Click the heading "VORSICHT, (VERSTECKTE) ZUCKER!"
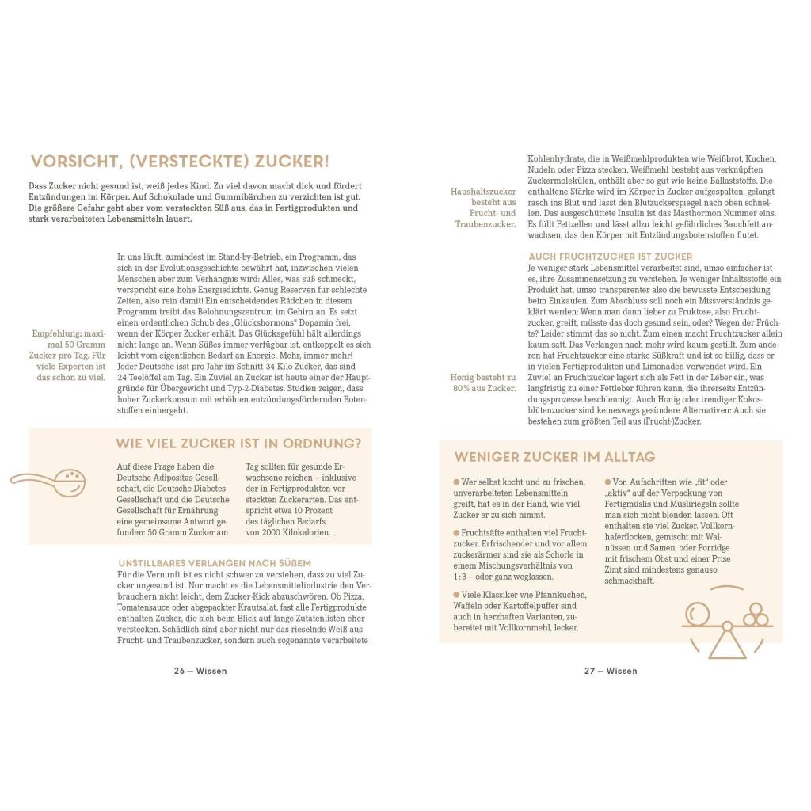pyautogui.click(x=180, y=162)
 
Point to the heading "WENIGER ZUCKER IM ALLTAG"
pyautogui.click(x=554, y=457)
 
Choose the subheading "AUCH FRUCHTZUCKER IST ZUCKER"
pyautogui.click(x=610, y=257)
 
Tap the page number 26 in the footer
pyautogui.click(x=179, y=671)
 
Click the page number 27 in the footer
pyautogui.click(x=589, y=671)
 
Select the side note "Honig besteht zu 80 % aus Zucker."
pyautogui.click(x=484, y=383)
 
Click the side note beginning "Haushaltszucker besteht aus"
pyautogui.click(x=484, y=208)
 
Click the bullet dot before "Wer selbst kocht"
pyautogui.click(x=455, y=482)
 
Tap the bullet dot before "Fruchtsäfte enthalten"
pyautogui.click(x=455, y=533)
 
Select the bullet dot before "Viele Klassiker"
pyautogui.click(x=455, y=595)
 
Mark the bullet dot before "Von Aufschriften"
pyautogui.click(x=608, y=482)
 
